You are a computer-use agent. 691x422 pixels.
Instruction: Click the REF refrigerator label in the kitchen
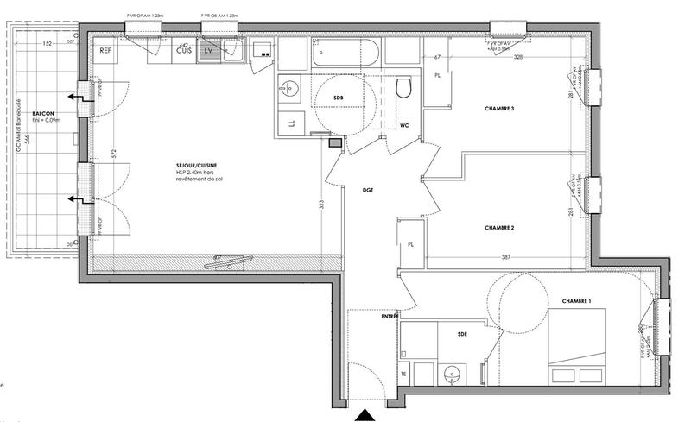click(106, 51)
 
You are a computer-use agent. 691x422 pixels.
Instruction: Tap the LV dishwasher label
click(208, 51)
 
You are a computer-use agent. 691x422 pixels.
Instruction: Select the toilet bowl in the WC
click(403, 89)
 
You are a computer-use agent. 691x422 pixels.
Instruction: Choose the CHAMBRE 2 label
click(499, 228)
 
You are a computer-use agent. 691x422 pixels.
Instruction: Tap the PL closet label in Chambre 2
click(411, 245)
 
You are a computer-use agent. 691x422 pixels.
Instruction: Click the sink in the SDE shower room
click(450, 375)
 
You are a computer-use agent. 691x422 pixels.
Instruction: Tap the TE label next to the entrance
click(402, 374)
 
